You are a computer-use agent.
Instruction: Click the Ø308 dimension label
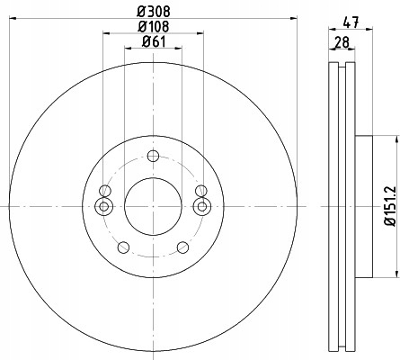(154, 12)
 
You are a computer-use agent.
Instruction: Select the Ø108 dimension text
(154, 26)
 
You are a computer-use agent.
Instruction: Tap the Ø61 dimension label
(154, 41)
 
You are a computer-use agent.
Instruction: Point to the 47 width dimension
(351, 22)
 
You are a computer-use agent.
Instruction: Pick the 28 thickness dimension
(342, 42)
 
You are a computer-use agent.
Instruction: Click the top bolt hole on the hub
(153, 156)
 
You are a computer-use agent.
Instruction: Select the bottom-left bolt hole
(123, 247)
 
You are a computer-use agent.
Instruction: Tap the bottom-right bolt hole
(182, 247)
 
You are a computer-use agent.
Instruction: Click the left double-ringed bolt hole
(103, 206)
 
